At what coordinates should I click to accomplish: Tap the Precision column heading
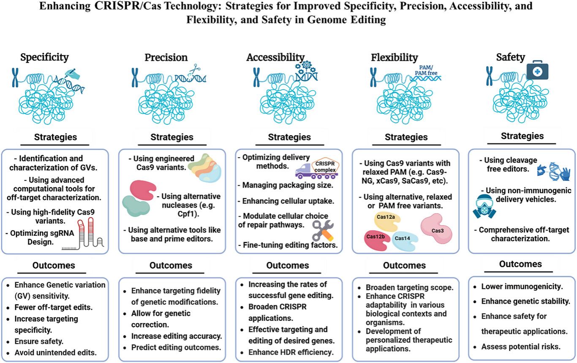point(166,57)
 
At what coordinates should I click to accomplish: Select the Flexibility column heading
point(394,57)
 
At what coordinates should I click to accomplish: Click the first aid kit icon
point(537,69)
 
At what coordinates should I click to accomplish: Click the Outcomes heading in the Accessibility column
point(288,266)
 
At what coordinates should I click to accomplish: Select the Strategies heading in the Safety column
point(522,136)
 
